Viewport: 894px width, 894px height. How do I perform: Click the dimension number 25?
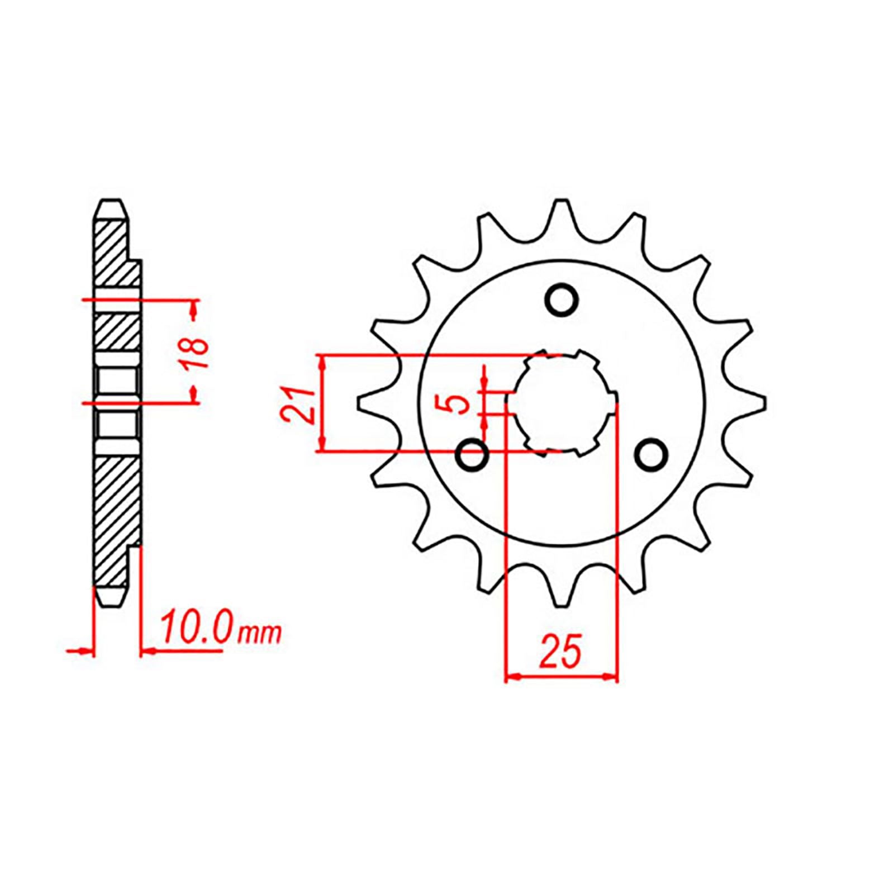click(560, 652)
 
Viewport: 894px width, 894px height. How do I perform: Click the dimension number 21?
click(300, 403)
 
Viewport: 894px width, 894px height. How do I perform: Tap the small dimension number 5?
click(460, 403)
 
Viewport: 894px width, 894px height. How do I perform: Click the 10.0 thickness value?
click(195, 630)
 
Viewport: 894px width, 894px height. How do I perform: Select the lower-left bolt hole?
click(473, 455)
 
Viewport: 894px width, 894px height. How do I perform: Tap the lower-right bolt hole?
click(652, 455)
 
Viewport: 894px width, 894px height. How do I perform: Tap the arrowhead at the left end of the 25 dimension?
click(513, 677)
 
